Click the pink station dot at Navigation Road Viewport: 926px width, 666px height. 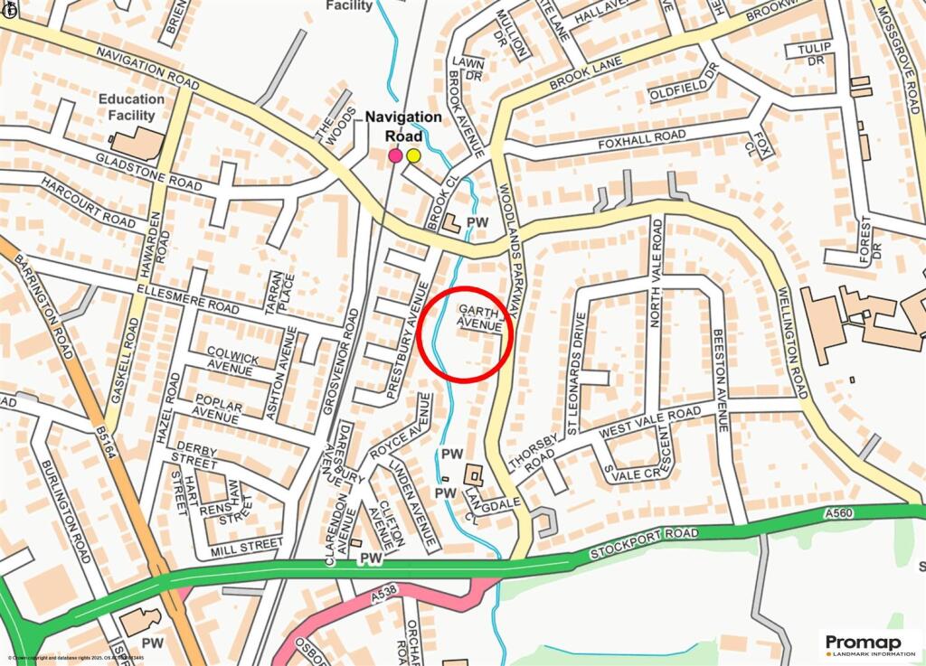[x=395, y=155]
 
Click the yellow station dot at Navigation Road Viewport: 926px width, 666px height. [x=413, y=155]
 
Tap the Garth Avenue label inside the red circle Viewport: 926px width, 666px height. [x=479, y=316]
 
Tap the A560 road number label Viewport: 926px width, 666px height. [x=839, y=513]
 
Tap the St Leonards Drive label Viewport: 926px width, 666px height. [x=572, y=361]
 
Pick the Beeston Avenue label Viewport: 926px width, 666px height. [x=720, y=380]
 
